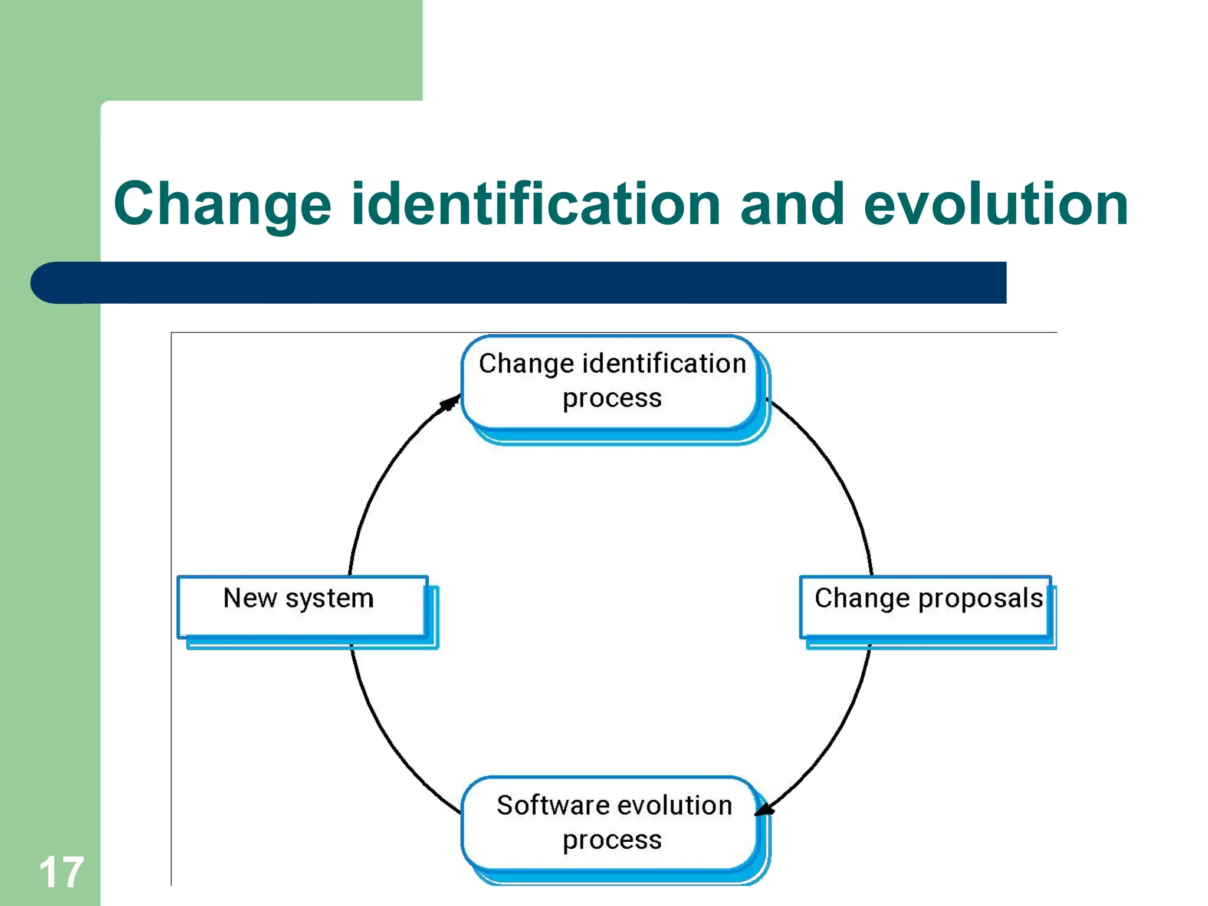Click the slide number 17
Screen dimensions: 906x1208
pos(61,872)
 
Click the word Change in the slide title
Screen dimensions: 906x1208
pos(222,205)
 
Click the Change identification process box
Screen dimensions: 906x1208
pos(612,382)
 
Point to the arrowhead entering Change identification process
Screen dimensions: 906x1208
pos(451,403)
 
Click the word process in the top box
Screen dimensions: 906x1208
pos(612,399)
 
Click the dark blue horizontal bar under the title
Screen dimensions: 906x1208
pos(531,283)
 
